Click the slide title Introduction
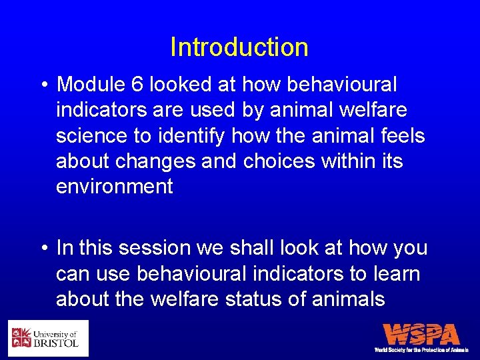click(x=239, y=47)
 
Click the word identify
click(x=193, y=135)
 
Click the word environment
click(x=114, y=186)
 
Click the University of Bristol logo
click(x=48, y=339)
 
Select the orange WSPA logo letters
click(x=421, y=334)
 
